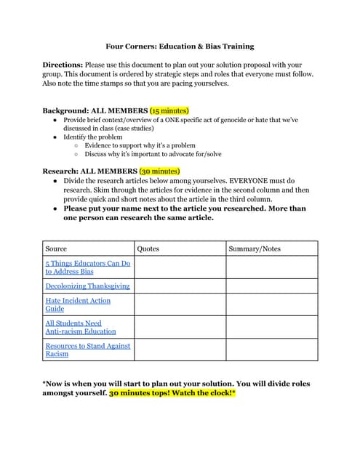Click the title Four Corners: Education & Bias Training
point(180,46)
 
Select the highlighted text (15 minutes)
point(169,111)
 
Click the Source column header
point(56,248)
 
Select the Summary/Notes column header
point(254,248)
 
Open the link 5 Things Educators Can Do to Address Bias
point(87,267)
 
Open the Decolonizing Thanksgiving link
point(87,286)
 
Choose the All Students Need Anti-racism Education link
point(80,326)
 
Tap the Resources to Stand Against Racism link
point(87,349)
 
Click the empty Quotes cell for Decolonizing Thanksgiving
point(180,286)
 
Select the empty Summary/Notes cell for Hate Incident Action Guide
point(271,304)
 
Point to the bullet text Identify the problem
point(93,137)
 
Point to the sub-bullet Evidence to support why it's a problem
point(140,145)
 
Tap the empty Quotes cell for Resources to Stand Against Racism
point(180,349)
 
